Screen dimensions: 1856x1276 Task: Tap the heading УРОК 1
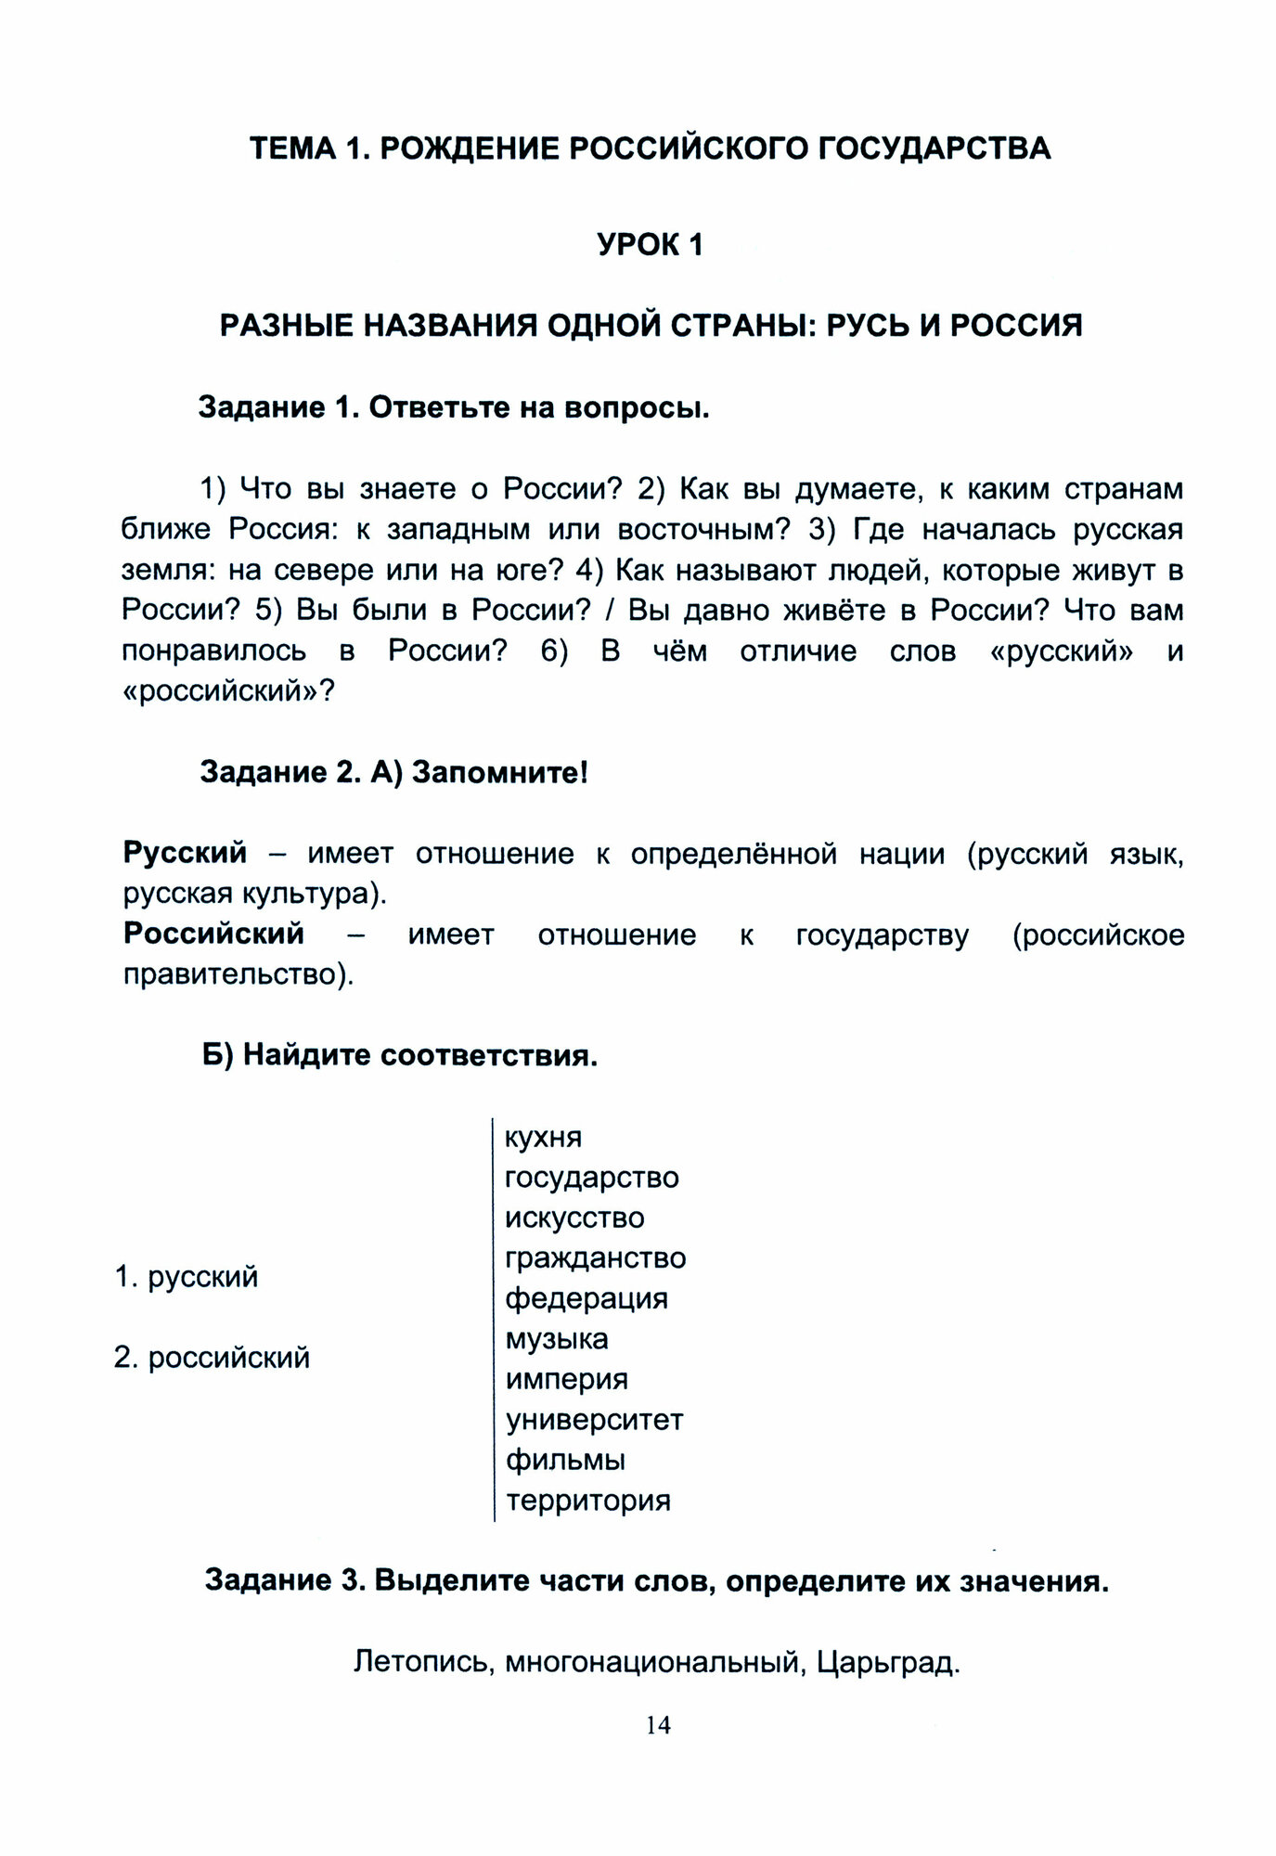[650, 245]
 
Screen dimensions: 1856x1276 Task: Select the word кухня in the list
[543, 1138]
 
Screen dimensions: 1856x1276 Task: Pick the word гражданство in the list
[595, 1258]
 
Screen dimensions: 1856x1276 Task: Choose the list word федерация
[586, 1298]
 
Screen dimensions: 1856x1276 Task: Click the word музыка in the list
[557, 1339]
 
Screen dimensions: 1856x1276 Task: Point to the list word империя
[566, 1380]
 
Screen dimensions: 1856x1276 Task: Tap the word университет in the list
[594, 1420]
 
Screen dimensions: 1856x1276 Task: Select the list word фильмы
[565, 1461]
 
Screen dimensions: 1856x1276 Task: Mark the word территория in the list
[587, 1501]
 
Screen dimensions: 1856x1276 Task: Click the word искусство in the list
[574, 1218]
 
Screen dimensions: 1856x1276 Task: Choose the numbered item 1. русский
[187, 1278]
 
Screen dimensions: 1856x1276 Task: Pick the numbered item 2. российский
[212, 1359]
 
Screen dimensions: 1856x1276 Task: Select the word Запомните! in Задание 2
[499, 772]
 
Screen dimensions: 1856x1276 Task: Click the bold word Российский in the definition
[213, 934]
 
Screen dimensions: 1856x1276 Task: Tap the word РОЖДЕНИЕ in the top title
[469, 148]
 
